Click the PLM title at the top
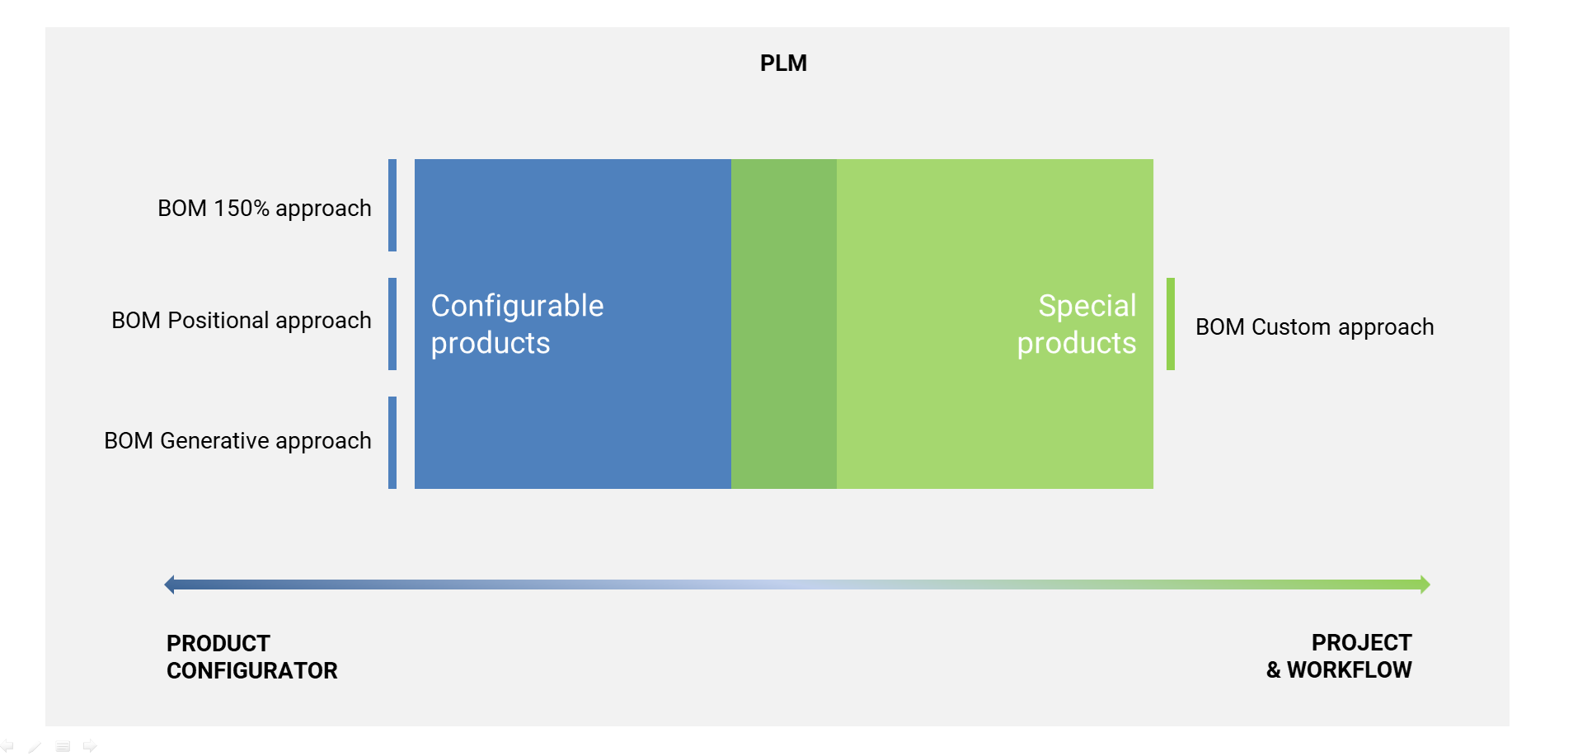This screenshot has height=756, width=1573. [783, 63]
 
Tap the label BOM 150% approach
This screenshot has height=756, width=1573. [265, 209]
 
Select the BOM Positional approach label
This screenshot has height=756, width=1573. [242, 321]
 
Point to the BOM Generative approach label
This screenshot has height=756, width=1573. [237, 441]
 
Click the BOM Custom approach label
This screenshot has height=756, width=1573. [1315, 327]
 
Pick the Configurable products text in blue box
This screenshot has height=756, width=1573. [517, 324]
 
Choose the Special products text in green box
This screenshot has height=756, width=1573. [1077, 324]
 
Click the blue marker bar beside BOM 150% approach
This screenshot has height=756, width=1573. [392, 205]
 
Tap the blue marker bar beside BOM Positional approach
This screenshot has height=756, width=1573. [392, 324]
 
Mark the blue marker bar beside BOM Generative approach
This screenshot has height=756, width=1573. [392, 443]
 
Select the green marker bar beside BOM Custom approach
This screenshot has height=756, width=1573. [1171, 324]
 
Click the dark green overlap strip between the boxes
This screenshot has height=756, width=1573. [784, 324]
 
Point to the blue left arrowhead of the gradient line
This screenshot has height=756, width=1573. [170, 585]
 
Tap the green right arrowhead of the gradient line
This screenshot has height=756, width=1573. [1425, 585]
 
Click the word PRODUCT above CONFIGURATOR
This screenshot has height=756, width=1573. [218, 643]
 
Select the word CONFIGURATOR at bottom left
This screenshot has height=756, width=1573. [252, 670]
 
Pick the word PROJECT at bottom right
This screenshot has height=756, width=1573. [1362, 642]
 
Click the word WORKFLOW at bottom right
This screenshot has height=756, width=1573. [1350, 669]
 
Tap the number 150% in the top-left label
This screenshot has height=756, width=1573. [242, 208]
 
